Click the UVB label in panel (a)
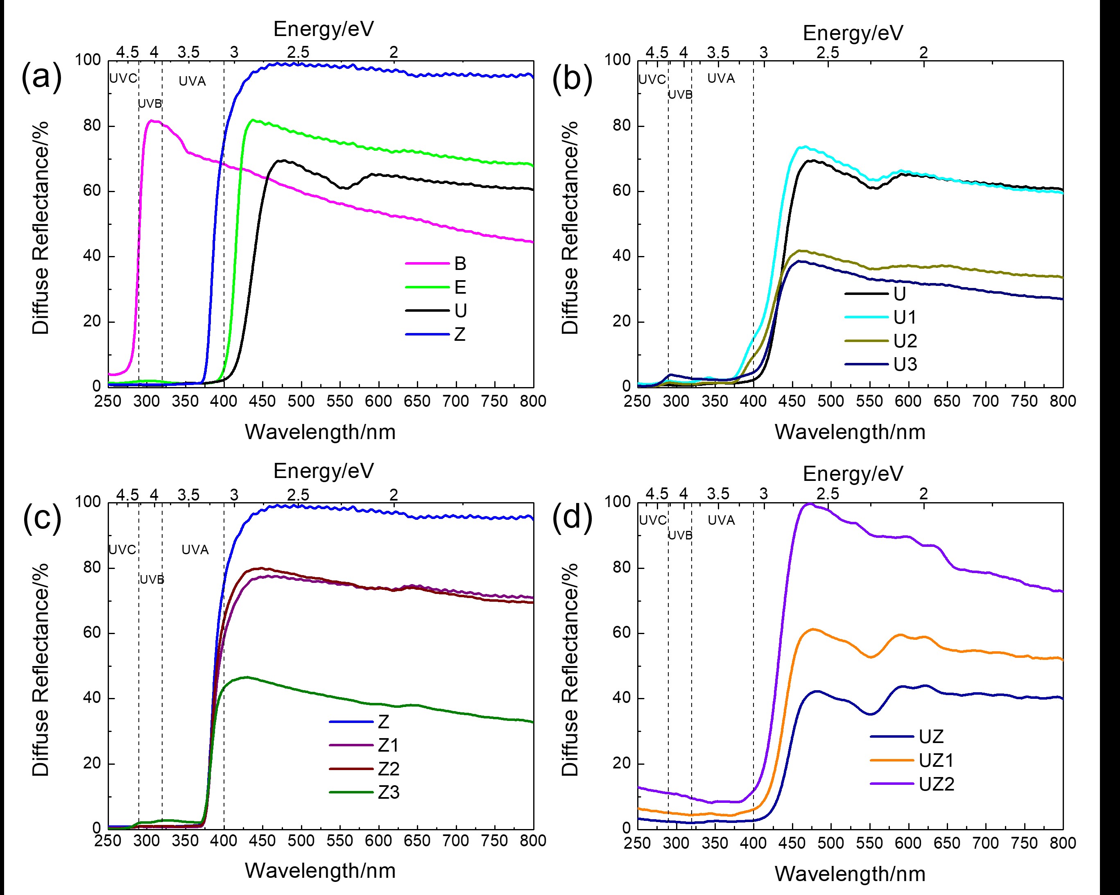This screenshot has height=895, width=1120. coord(150,104)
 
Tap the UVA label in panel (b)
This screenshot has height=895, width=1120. coord(721,79)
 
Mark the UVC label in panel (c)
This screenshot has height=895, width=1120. coord(122,549)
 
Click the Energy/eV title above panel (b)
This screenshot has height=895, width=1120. coord(853,33)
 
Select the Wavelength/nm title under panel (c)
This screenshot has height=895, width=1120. coord(320,870)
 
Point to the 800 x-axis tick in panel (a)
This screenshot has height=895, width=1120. coord(533,401)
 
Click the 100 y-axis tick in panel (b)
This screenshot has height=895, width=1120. coord(617,60)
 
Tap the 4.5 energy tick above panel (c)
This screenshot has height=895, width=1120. coord(127,495)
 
